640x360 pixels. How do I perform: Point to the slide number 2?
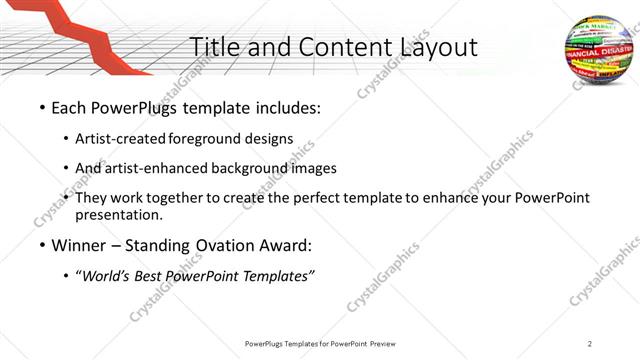point(590,343)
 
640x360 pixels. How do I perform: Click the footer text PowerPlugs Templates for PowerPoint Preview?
point(320,343)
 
